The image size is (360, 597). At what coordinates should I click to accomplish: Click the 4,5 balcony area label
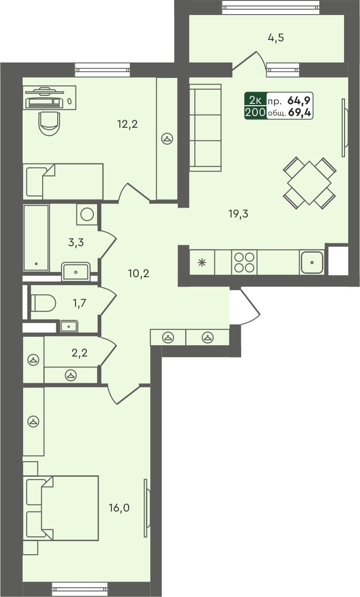tap(276, 38)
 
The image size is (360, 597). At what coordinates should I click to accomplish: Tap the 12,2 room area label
tap(127, 124)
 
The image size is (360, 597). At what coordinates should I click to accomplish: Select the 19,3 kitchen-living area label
tap(238, 214)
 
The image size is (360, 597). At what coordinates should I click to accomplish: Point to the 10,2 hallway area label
tap(138, 273)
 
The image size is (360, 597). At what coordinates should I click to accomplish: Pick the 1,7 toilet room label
tap(79, 303)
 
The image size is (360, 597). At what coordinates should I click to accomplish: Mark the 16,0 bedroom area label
tap(119, 507)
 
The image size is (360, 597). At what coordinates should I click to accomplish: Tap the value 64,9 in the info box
tap(300, 100)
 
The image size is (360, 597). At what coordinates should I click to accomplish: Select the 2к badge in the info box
tap(255, 100)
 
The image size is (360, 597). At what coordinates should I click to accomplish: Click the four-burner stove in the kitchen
tap(244, 262)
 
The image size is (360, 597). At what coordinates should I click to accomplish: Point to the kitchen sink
tap(312, 262)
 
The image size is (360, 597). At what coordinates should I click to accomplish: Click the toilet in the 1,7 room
tap(44, 302)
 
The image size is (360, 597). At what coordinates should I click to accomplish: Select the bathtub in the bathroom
tap(36, 237)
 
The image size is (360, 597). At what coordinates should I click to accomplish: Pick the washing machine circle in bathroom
tap(87, 214)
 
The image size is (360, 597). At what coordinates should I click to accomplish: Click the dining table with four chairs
tap(309, 182)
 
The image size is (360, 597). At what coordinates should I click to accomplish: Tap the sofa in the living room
tap(205, 127)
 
